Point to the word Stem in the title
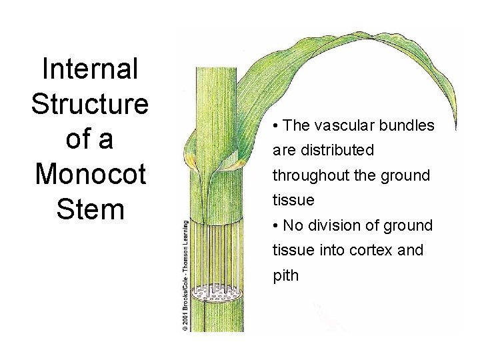[x=90, y=209]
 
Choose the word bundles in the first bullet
[x=407, y=125]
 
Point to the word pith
[x=287, y=275]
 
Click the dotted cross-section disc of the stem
[x=215, y=291]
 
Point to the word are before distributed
[x=284, y=151]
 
